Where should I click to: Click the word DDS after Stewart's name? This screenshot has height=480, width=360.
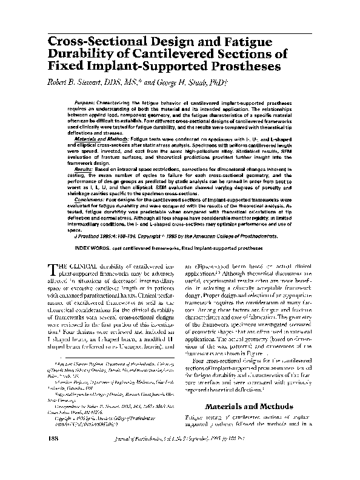click(x=103, y=82)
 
